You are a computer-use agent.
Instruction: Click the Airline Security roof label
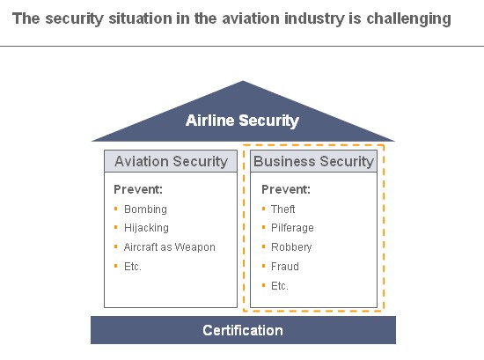tap(242, 121)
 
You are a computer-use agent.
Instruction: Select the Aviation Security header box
tap(171, 161)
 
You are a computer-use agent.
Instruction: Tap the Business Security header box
tap(313, 161)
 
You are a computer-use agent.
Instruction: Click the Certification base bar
tap(243, 330)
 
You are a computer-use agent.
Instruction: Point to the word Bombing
tap(145, 209)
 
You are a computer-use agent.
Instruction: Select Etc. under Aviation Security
tap(133, 266)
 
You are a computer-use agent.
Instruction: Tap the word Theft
tap(283, 209)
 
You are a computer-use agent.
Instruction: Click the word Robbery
tap(291, 247)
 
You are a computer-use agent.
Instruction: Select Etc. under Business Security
tap(280, 285)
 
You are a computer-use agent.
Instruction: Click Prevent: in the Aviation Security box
tap(138, 189)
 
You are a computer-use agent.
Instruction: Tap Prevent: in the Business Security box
tap(286, 189)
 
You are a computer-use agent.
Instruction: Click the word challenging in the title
tap(408, 19)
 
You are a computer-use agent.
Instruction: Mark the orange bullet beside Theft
tap(264, 209)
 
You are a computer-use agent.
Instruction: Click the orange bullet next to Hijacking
tap(116, 228)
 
